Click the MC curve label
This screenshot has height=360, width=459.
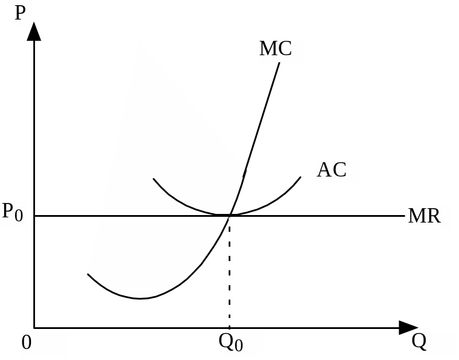(x=276, y=49)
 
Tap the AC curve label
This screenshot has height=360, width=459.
(x=332, y=170)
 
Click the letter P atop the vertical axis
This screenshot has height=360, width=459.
(x=21, y=13)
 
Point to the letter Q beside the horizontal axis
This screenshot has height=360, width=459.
(x=419, y=342)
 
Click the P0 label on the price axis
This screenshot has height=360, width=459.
(x=13, y=213)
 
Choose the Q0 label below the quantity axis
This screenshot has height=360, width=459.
(x=230, y=343)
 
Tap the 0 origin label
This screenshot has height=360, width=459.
(x=26, y=343)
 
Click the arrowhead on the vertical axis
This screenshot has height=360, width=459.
(x=34, y=31)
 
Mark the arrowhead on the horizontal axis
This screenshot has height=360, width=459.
(x=408, y=328)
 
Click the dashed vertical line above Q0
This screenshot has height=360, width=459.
(x=230, y=270)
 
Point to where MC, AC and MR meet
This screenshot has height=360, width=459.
(x=230, y=215)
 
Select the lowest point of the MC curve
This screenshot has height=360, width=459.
(x=140, y=298)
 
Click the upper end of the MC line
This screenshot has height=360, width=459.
(x=280, y=62)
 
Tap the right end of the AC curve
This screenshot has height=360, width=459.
(x=300, y=177)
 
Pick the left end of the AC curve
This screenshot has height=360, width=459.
(x=153, y=179)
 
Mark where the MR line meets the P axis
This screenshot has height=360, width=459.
(x=34, y=216)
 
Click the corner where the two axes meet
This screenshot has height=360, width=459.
(x=34, y=328)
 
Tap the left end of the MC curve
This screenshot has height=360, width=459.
(x=88, y=274)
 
